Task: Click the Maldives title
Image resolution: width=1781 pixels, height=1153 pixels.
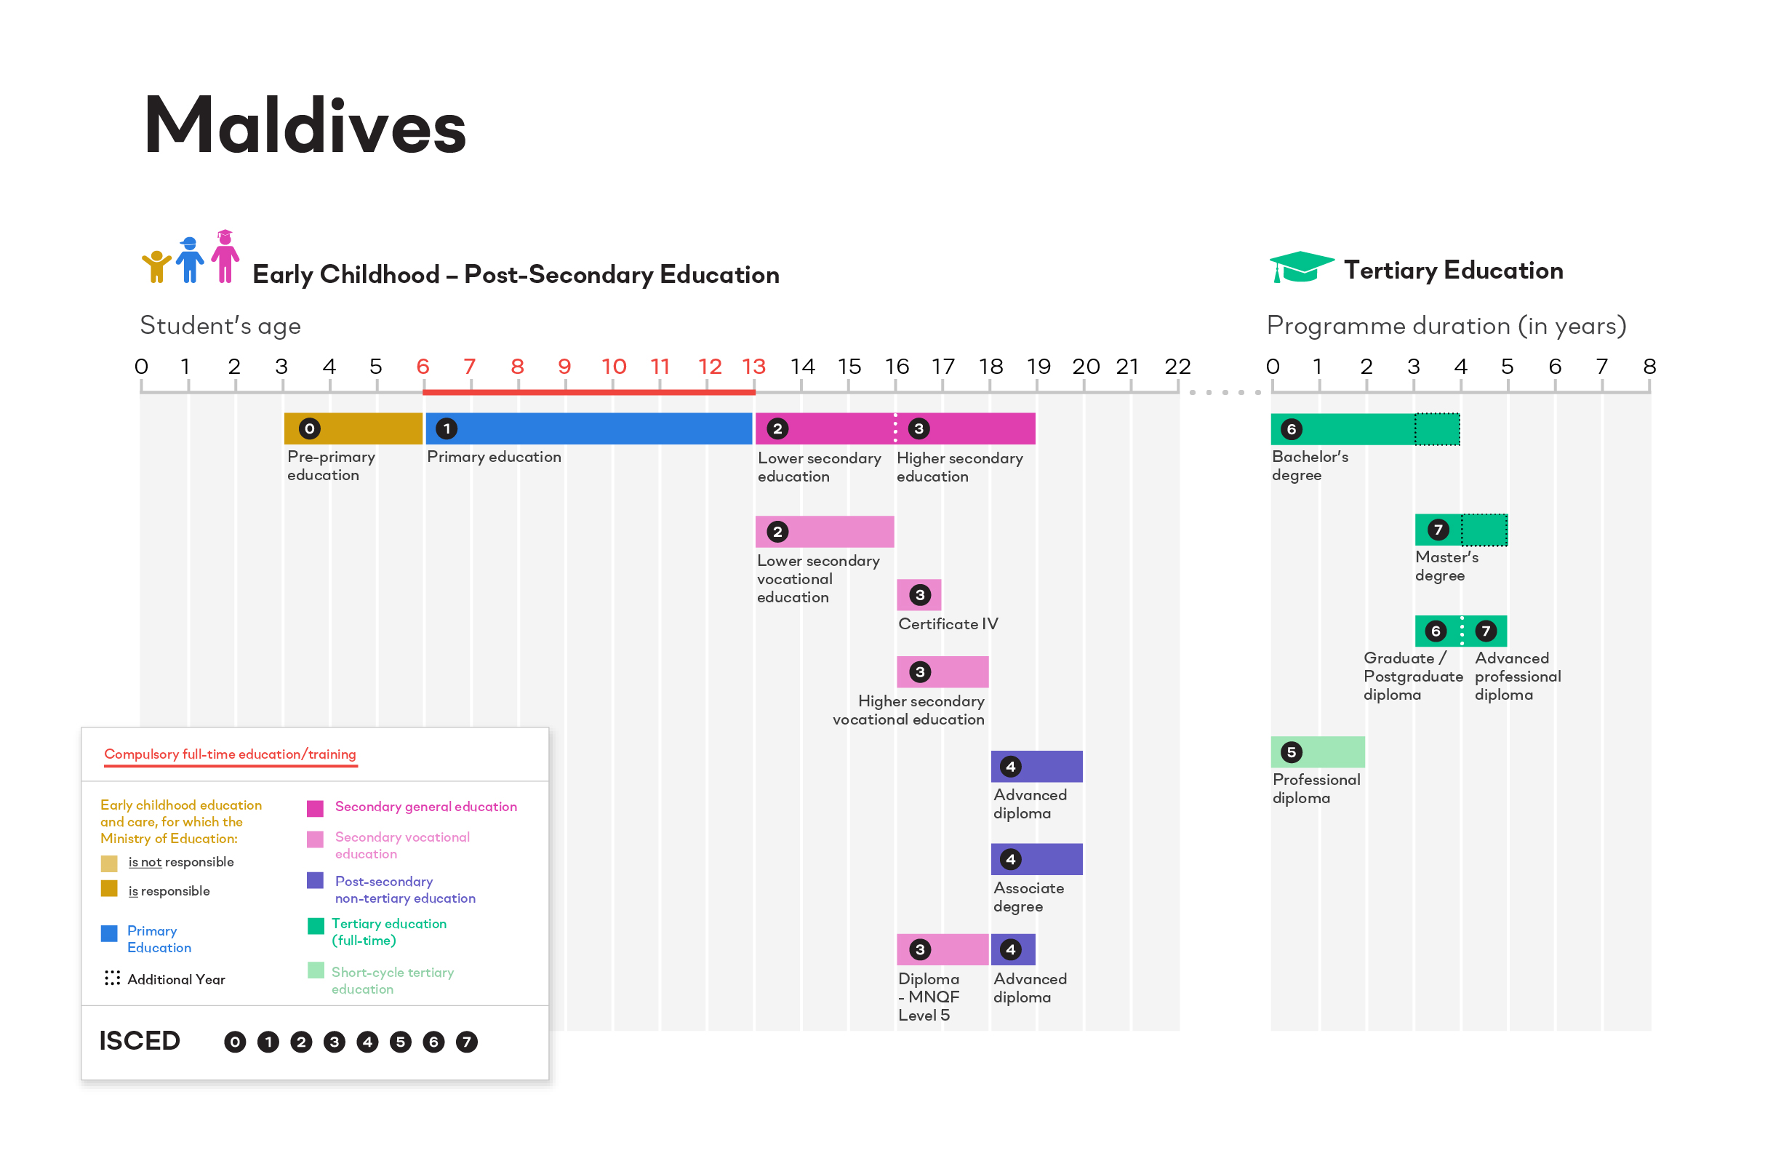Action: click(305, 126)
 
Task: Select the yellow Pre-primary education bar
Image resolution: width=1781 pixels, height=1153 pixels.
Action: click(353, 429)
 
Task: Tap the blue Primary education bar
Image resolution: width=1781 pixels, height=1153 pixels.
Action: click(589, 429)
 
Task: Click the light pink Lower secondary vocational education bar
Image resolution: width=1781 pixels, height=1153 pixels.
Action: click(825, 532)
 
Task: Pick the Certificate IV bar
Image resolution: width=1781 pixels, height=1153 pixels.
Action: click(919, 595)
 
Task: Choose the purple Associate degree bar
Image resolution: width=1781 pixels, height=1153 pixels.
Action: click(1036, 860)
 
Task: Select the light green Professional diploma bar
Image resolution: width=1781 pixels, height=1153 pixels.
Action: click(1318, 751)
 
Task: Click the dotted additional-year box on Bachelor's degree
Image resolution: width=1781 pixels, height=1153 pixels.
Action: click(1437, 429)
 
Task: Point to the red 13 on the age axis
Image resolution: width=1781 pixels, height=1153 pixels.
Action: click(753, 367)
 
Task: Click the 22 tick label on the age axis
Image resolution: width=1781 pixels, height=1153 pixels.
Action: click(1177, 367)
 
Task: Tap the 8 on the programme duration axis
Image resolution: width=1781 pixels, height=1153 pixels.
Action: click(1649, 367)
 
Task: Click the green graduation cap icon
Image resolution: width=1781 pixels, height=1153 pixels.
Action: click(1300, 267)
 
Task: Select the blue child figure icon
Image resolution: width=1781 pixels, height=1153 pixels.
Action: click(189, 260)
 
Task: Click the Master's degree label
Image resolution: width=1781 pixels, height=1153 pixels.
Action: click(1446, 566)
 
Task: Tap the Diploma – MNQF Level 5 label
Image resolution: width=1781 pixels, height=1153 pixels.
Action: click(928, 997)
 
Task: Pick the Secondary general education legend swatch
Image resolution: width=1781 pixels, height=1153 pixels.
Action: click(315, 808)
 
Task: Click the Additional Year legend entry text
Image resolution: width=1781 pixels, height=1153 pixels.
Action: click(176, 979)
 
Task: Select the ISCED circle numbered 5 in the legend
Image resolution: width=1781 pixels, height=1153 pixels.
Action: click(401, 1042)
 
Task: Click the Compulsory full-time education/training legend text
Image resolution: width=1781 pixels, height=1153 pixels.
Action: click(230, 754)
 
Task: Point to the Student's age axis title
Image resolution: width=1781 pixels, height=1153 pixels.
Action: click(220, 326)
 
